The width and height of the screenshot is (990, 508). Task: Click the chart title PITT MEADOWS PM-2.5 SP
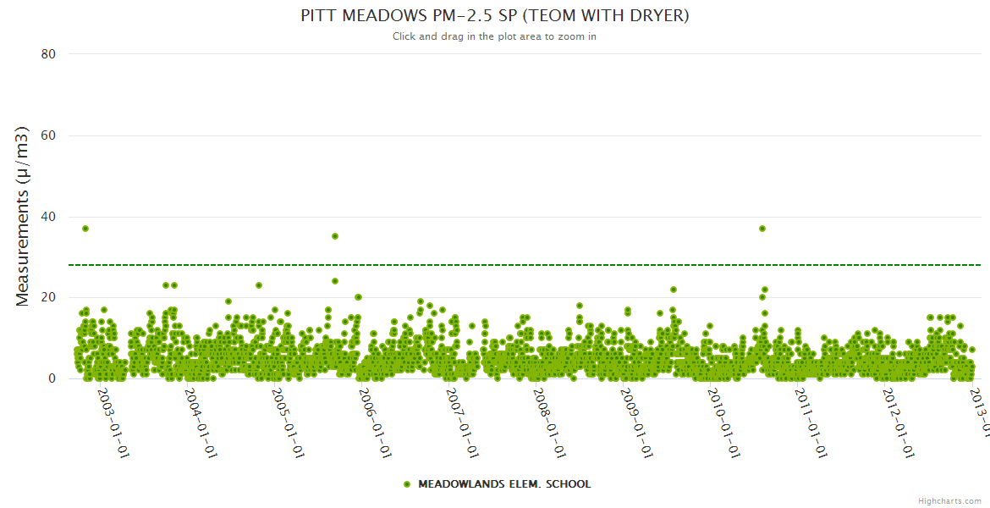pos(495,16)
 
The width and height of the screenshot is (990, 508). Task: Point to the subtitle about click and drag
pos(495,36)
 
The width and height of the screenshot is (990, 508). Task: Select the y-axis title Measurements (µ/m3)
pos(23,216)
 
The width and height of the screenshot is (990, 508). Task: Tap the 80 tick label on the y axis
pos(48,54)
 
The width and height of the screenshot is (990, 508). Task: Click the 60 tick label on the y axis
pos(48,135)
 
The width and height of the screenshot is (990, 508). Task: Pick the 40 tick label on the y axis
pos(48,217)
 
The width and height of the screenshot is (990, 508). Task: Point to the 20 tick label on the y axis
pos(48,297)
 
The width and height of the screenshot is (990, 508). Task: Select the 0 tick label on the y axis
pos(52,378)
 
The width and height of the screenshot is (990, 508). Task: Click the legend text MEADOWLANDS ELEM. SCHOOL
pos(504,484)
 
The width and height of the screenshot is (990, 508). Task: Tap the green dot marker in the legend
pos(407,484)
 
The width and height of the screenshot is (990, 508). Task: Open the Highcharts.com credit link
pos(950,500)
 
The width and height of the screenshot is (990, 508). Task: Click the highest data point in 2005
pos(335,236)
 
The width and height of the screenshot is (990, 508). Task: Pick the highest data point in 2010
pos(762,229)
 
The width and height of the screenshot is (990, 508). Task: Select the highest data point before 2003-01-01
pos(85,229)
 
